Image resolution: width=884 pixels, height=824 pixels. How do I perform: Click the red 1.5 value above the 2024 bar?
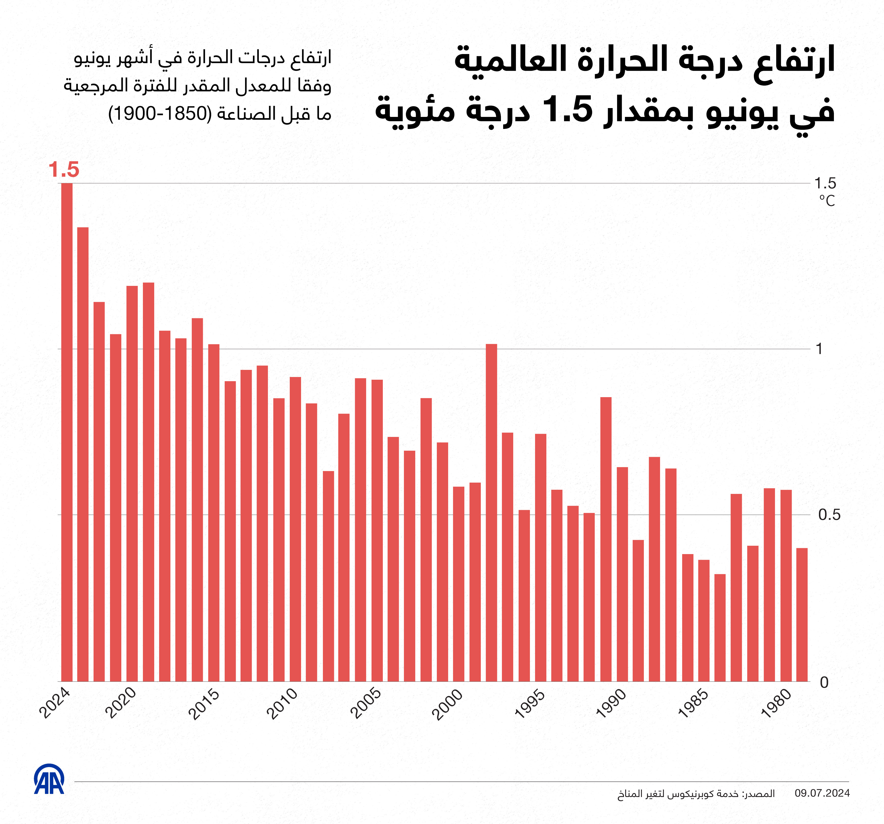pyautogui.click(x=64, y=170)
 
